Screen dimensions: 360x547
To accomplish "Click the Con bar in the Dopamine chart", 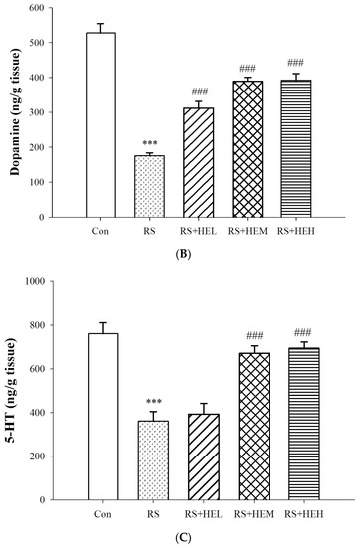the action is [x=100, y=125].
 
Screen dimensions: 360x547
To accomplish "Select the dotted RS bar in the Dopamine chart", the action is [x=149, y=186].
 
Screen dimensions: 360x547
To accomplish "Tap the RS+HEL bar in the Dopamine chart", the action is [x=199, y=162].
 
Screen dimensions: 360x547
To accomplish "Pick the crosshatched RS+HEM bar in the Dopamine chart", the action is [x=248, y=149].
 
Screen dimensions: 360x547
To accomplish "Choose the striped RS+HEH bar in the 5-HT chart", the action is [x=304, y=424].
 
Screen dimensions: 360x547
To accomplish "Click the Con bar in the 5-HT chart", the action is [x=102, y=417].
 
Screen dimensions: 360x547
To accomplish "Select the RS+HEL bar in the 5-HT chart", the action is [x=204, y=456].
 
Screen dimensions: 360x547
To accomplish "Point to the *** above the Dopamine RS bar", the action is [x=150, y=143].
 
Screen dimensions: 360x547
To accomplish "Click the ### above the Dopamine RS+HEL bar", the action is [x=199, y=92].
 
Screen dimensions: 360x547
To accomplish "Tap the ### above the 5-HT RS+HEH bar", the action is [x=302, y=332].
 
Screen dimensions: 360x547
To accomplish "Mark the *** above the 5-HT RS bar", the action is [x=154, y=402].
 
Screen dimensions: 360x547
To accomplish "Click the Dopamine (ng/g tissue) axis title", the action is [x=15, y=112].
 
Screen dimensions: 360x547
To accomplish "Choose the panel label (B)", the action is [x=184, y=254].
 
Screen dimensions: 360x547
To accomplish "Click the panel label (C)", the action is [x=184, y=538].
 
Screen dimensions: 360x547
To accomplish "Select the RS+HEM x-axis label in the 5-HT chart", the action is [x=254, y=514].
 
